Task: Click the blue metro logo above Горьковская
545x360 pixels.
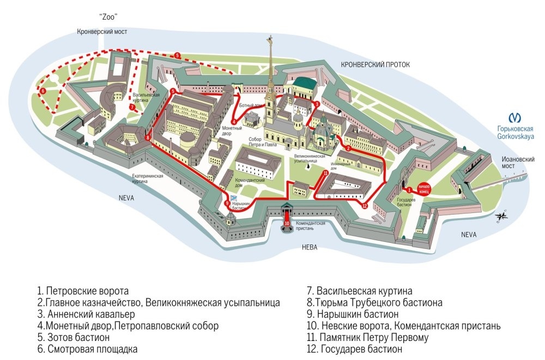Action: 514,117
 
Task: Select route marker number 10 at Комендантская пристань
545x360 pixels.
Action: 287,223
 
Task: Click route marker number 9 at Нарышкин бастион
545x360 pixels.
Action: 227,204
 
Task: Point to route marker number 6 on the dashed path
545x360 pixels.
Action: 42,90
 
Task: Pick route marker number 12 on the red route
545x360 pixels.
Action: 365,206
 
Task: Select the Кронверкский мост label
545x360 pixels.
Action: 102,32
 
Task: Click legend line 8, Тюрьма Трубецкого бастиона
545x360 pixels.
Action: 374,303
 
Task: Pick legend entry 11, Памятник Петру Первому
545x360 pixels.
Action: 374,338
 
